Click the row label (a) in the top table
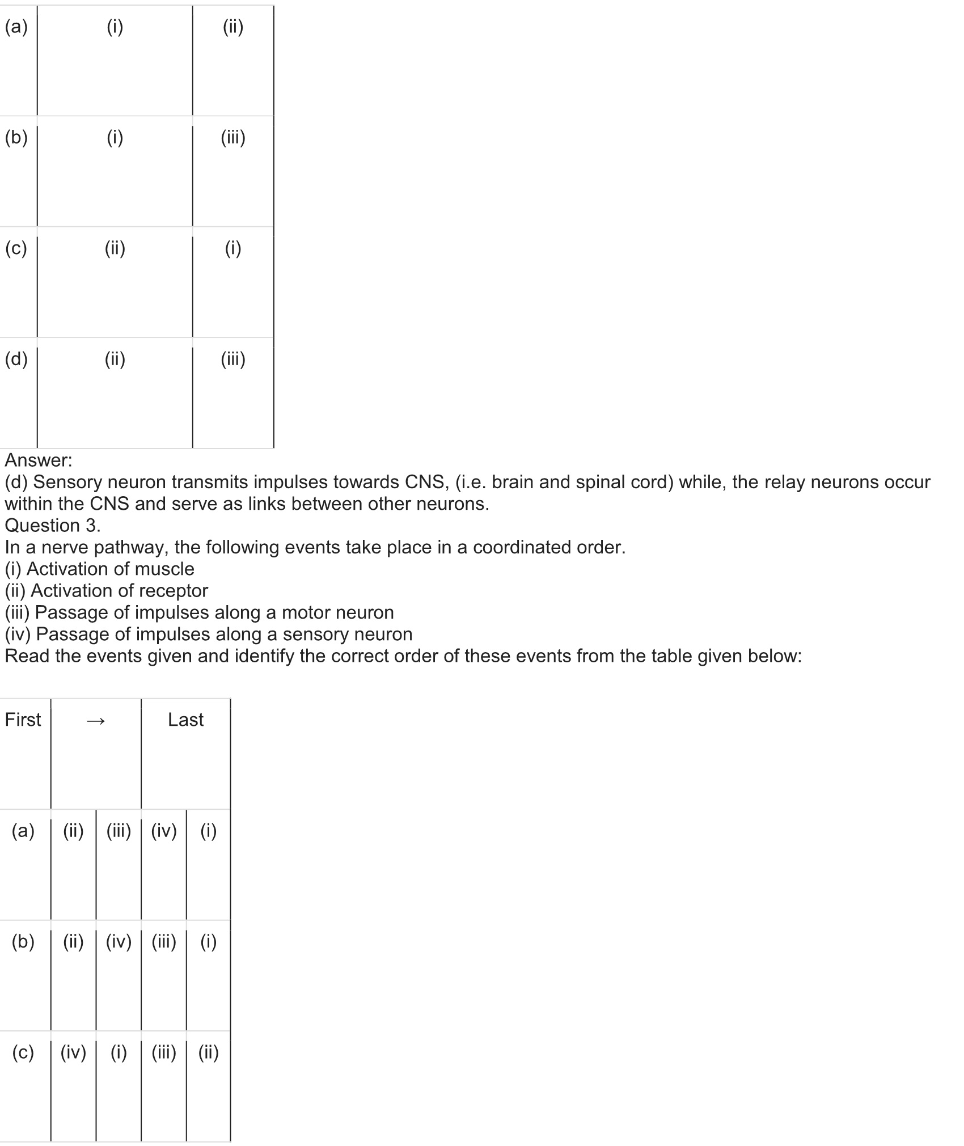16,27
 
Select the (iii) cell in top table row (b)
233,138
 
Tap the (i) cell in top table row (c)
233,248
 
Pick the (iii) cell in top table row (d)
233,359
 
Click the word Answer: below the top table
39,460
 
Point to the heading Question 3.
52,526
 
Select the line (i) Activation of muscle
100,569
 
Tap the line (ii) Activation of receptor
107,591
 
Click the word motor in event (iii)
307,612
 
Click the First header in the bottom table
23,720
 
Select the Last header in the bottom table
185,720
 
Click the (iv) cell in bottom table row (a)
164,831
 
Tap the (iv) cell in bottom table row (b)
119,941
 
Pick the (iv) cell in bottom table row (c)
73,1052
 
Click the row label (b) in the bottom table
23,941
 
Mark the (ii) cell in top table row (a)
233,27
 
